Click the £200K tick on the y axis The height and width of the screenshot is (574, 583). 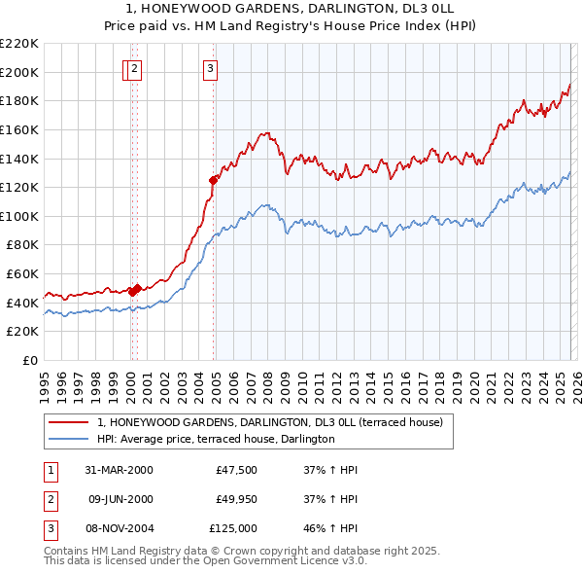tap(19, 72)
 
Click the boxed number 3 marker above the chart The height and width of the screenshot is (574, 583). tap(211, 68)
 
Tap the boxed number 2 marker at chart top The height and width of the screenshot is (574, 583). tap(135, 68)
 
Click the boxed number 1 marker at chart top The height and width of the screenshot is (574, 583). tap(127, 68)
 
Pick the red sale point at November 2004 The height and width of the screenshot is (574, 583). tap(213, 180)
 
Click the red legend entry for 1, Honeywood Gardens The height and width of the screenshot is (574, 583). tap(270, 422)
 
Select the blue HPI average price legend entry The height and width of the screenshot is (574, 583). tap(216, 439)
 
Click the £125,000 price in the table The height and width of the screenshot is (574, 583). tap(233, 528)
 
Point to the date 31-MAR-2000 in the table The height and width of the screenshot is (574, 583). tap(119, 470)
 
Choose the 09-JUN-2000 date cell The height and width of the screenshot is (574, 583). tap(120, 499)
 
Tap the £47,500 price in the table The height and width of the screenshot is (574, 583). tap(236, 470)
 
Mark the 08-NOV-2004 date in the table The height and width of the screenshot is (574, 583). tap(120, 528)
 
